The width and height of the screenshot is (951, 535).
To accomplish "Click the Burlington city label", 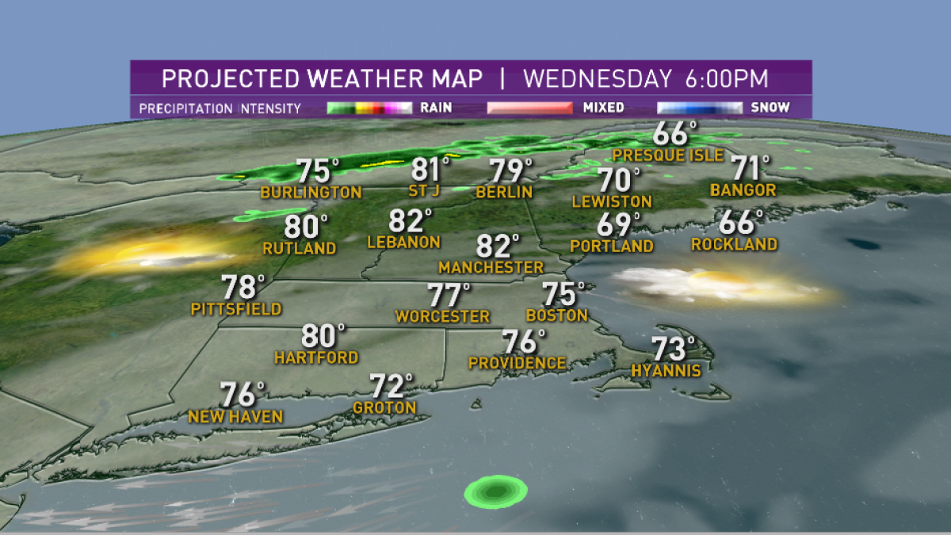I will click(311, 193).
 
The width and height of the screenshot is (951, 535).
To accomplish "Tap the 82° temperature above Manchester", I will click(498, 247).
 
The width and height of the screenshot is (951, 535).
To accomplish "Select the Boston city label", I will click(557, 315).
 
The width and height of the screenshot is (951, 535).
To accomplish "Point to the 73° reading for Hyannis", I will click(674, 350).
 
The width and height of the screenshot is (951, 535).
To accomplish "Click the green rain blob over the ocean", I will click(496, 491).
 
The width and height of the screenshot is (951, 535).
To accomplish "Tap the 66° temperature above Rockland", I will click(741, 224).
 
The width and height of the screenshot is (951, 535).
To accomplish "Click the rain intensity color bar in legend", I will click(369, 107).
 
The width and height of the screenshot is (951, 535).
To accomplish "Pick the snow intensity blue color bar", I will click(699, 107).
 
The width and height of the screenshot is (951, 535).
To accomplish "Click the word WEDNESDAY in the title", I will click(598, 80).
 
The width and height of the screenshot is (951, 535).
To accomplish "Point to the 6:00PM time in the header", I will click(728, 80).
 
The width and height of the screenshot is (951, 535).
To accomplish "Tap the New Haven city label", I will click(235, 417).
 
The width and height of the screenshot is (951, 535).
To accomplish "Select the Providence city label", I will click(518, 363).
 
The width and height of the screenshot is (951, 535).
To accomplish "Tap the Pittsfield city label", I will click(236, 308).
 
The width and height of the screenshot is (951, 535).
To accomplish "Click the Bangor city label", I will click(743, 190).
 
